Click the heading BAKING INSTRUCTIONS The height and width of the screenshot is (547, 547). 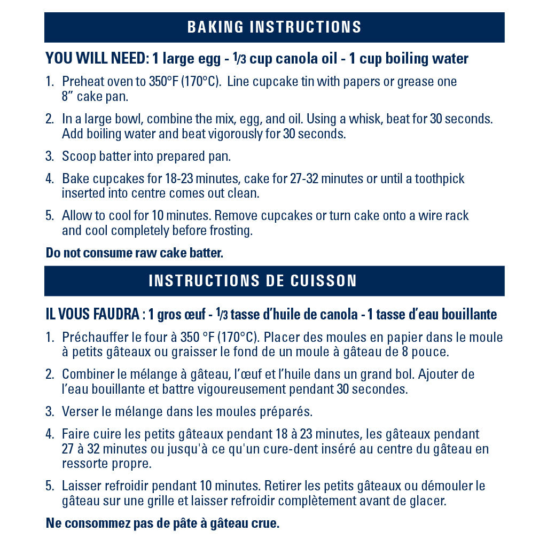pos(274,27)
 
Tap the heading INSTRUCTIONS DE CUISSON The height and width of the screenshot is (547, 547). pos(253,281)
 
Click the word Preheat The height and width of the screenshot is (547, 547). pos(81,82)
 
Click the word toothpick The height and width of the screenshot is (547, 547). pos(440,178)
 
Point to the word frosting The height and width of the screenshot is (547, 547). pos(229,230)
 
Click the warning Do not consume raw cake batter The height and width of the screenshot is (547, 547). pos(134,253)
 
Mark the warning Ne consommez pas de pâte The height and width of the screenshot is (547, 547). pos(162,523)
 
